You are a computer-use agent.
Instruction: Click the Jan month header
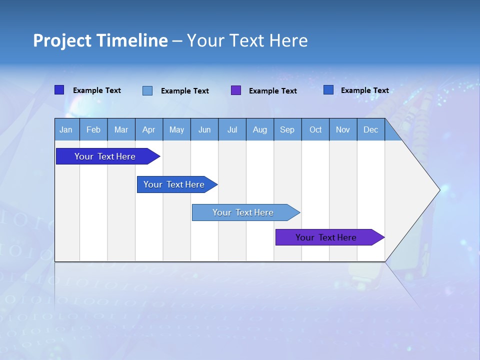pos(66,129)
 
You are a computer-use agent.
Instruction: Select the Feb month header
pos(93,129)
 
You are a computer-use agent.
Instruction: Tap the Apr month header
pos(149,129)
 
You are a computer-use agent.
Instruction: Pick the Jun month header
pos(204,129)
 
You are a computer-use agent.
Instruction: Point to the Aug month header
pos(260,129)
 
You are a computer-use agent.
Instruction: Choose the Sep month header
pos(287,129)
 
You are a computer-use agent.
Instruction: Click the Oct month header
pos(315,129)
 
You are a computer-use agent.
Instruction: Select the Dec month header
pos(371,129)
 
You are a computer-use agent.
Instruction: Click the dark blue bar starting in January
pos(105,156)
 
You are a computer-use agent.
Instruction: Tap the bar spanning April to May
pos(174,184)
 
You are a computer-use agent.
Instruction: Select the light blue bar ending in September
pos(243,212)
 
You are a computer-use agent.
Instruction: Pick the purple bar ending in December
pos(326,237)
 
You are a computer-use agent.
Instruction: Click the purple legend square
pos(236,90)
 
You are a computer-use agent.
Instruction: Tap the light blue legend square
pos(147,90)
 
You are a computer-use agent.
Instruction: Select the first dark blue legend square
pos(59,90)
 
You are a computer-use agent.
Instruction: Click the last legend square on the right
pos(328,90)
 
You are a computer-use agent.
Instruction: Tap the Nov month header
pos(343,129)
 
